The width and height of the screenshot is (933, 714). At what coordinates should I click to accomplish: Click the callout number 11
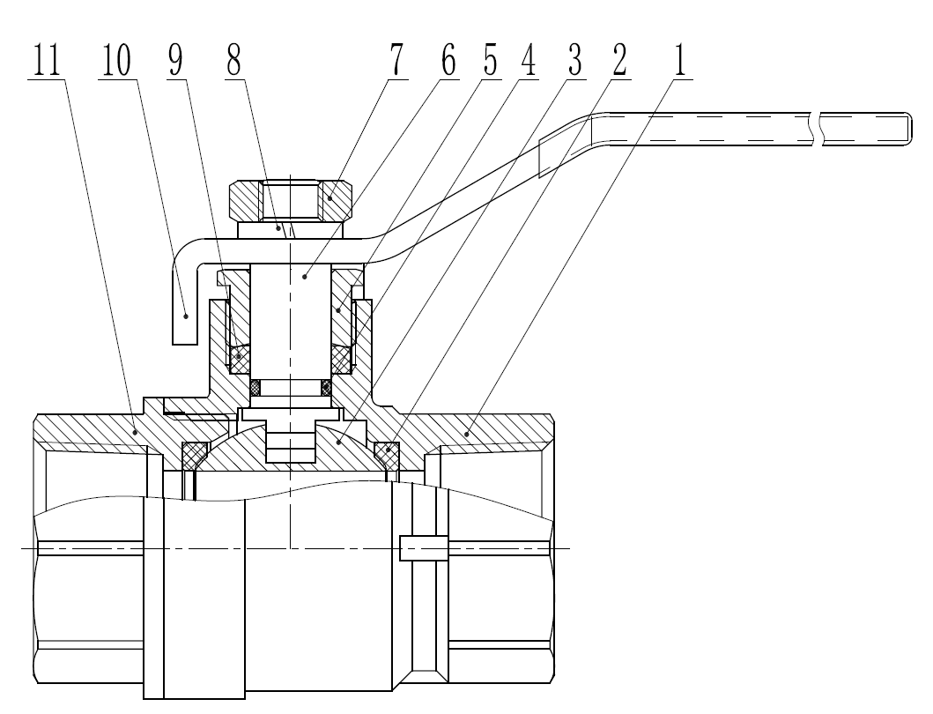point(47,60)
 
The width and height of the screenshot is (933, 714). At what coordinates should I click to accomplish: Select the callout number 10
point(116,60)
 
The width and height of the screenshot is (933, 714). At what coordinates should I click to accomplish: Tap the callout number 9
point(175,60)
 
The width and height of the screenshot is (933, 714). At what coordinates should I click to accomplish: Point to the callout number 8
point(233,60)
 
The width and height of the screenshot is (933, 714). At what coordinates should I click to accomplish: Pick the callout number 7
point(396,60)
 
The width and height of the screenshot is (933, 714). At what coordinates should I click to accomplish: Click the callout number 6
point(448,60)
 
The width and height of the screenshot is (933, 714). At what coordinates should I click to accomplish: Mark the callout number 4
point(528,60)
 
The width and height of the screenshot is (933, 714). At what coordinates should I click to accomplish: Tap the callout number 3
point(574,60)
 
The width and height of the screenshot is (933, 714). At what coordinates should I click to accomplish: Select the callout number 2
point(619,60)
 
